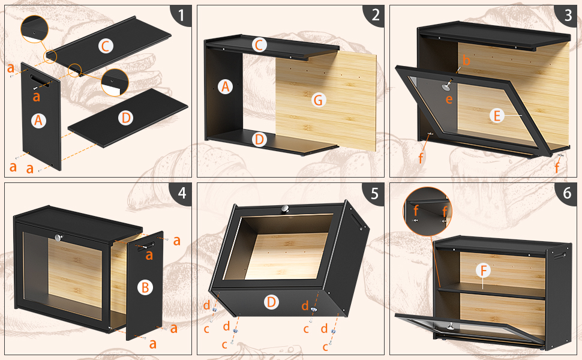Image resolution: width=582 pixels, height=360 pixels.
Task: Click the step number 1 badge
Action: pyautogui.click(x=182, y=16)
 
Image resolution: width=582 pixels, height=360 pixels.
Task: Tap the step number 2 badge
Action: pyautogui.click(x=374, y=16)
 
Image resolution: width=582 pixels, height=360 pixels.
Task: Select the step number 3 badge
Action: pyautogui.click(x=567, y=16)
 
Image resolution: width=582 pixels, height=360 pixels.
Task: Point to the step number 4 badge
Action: pyautogui.click(x=182, y=193)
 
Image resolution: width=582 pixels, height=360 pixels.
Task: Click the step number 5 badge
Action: pyautogui.click(x=374, y=193)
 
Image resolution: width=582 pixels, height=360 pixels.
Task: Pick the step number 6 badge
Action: pyautogui.click(x=567, y=193)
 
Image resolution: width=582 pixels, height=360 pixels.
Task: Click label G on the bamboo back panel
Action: pyautogui.click(x=319, y=100)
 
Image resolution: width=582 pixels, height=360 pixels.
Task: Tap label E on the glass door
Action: pyautogui.click(x=497, y=116)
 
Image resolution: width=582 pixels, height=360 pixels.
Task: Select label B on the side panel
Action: pyautogui.click(x=145, y=287)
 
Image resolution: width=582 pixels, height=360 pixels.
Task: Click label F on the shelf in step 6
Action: pyautogui.click(x=483, y=271)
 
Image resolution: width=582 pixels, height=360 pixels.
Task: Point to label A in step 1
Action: pyautogui.click(x=38, y=121)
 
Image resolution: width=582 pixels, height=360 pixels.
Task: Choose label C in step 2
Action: pyautogui.click(x=259, y=45)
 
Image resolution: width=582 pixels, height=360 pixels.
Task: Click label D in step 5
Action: pyautogui.click(x=271, y=302)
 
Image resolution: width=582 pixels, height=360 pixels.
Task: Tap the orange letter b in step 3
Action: pyautogui.click(x=467, y=60)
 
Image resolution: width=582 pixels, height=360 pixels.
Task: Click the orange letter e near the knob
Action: pyautogui.click(x=449, y=99)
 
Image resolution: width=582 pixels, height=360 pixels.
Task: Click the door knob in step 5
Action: pyautogui.click(x=285, y=209)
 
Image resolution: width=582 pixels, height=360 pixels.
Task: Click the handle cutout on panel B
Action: pyautogui.click(x=146, y=247)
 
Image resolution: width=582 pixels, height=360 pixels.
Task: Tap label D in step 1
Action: pyautogui.click(x=126, y=118)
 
